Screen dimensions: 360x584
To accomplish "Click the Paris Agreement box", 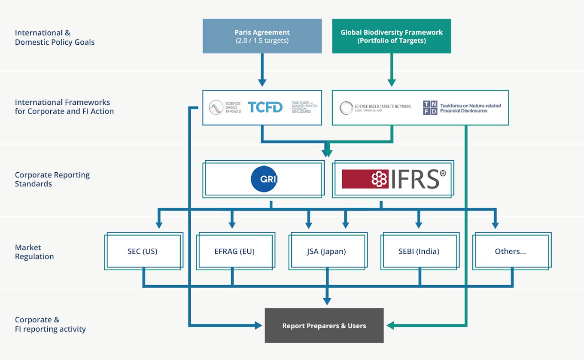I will (262, 36).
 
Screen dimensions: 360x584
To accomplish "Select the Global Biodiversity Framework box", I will (391, 36).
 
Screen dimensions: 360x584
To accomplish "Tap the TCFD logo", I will (265, 107).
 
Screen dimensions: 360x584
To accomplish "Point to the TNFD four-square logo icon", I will (430, 108).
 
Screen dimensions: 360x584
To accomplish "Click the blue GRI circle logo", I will (264, 179).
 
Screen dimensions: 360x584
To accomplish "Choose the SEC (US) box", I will (143, 251).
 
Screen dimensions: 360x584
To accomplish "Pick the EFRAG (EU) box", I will (234, 251).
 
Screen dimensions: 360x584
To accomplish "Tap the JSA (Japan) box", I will (326, 251).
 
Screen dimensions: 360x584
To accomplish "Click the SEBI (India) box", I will (419, 251).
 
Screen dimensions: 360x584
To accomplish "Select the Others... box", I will (510, 251).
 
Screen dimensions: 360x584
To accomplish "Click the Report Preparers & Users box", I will (324, 326).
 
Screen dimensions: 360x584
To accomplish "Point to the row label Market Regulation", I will (34, 252).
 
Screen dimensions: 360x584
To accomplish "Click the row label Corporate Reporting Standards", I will (52, 179).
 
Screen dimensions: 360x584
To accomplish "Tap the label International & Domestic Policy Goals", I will (55, 37).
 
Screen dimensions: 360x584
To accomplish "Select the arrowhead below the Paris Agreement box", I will (262, 82).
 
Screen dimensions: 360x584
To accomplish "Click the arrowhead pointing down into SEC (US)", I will (158, 224).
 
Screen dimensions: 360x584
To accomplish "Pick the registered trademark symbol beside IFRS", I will (443, 174).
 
